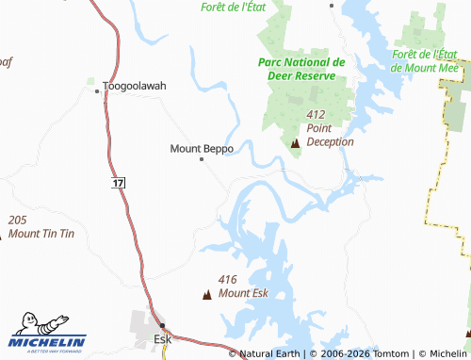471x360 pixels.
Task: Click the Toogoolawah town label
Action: click(135, 86)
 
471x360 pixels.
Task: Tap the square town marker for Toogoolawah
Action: click(97, 91)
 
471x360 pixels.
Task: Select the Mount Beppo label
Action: click(202, 149)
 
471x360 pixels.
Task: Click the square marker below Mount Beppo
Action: click(202, 159)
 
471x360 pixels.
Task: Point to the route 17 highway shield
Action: click(117, 180)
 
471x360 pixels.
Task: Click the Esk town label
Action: click(162, 338)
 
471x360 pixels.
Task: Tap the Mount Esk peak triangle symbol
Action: click(207, 296)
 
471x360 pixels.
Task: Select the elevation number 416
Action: click(227, 279)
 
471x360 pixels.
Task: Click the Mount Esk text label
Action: click(243, 292)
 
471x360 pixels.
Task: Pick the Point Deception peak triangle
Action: click(296, 143)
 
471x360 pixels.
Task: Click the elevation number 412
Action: click(316, 113)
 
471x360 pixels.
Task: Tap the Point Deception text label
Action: click(330, 135)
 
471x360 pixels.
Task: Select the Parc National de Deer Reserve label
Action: click(301, 69)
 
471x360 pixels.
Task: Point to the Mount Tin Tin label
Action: click(41, 232)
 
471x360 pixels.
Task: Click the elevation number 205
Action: click(17, 219)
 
